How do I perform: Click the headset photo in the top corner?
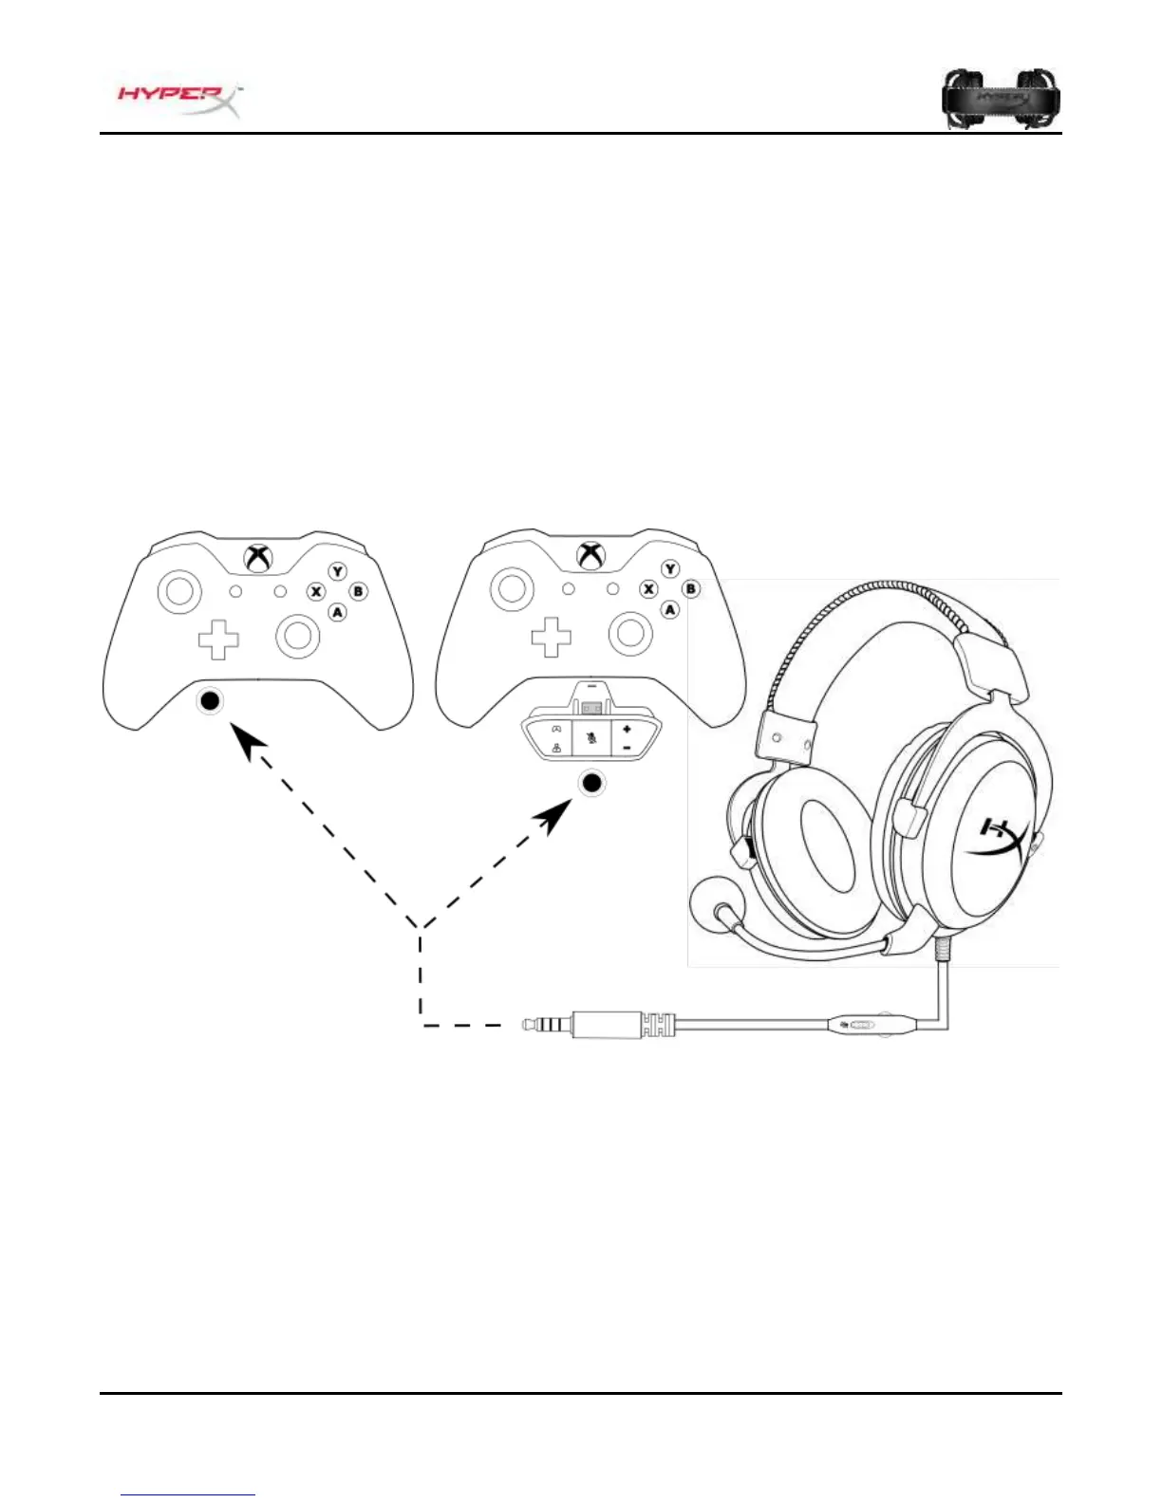coord(1001,97)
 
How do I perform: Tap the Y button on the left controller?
coord(338,571)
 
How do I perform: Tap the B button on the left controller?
coord(358,591)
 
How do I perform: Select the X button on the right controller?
coord(648,589)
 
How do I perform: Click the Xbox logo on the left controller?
coord(257,558)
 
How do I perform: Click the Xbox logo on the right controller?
coord(590,556)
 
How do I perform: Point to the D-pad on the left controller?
coord(218,639)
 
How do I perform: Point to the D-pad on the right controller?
coord(551,637)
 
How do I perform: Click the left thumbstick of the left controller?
coord(178,591)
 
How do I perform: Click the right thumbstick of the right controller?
coord(630,633)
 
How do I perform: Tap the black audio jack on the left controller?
coord(210,701)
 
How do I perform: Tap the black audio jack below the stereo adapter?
coord(592,783)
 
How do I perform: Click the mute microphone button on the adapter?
coord(592,736)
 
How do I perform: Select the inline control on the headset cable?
coord(860,1025)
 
